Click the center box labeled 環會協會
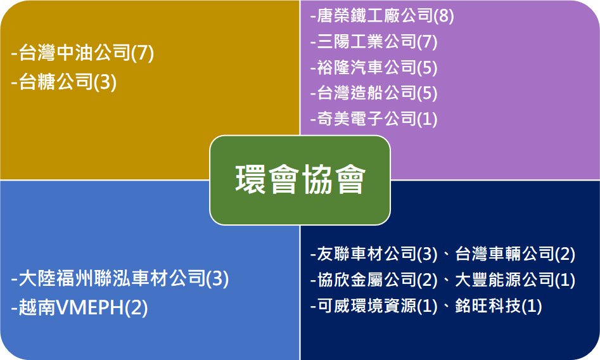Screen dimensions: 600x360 300,180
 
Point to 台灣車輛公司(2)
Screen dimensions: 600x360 515,254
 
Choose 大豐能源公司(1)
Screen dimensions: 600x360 515,280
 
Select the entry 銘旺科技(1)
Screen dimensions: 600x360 499,306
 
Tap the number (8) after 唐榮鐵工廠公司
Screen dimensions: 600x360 444,16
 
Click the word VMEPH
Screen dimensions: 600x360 90,307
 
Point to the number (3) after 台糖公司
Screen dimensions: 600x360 105,82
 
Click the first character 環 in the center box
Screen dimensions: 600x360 251,179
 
